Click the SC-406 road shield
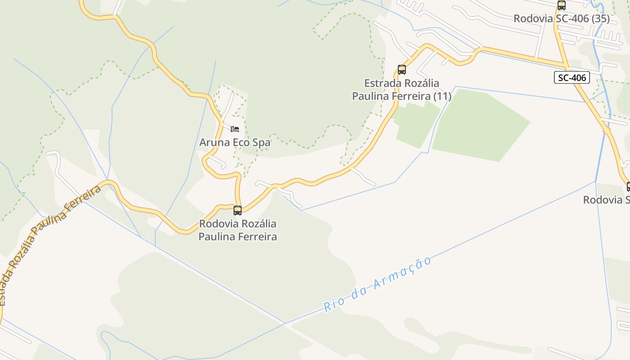click(572, 78)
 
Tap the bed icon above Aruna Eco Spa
click(235, 129)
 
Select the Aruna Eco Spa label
click(235, 143)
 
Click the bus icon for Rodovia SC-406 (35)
click(561, 5)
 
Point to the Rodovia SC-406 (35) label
click(562, 18)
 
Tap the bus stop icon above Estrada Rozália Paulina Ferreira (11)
click(402, 70)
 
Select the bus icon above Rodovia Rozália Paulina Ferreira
click(238, 210)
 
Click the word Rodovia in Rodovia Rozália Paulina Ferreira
click(218, 224)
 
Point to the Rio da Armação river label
click(377, 284)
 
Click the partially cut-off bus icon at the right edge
click(628, 186)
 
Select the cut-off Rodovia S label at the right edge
click(606, 200)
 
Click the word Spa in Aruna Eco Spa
click(261, 143)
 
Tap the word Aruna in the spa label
click(214, 143)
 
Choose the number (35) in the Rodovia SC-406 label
click(600, 18)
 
